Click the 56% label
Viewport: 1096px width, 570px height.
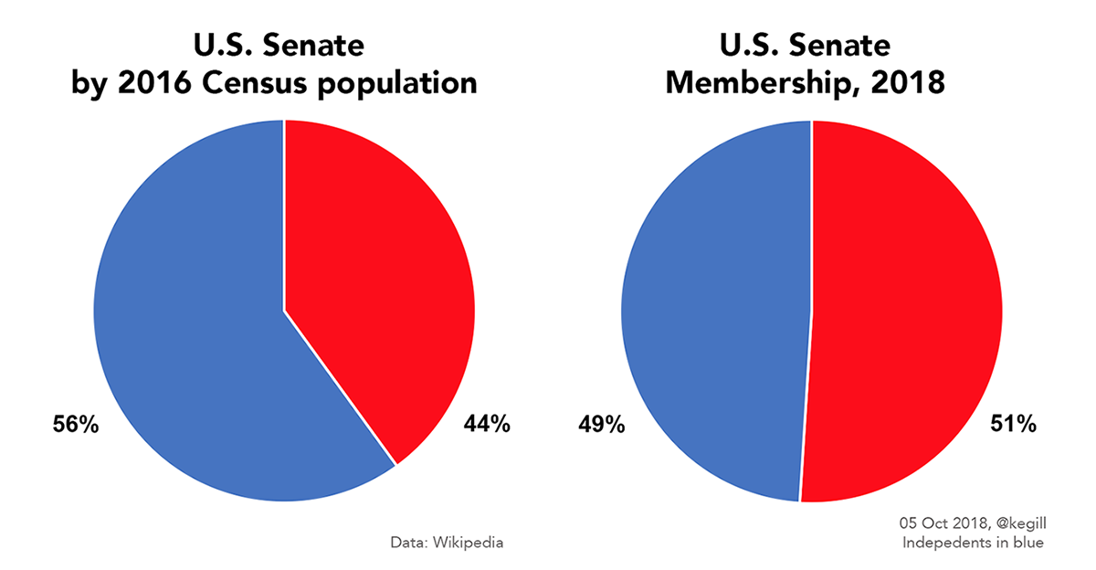[x=74, y=425]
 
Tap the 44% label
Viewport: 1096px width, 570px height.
[x=485, y=425]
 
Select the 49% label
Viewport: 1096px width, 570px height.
[x=601, y=425]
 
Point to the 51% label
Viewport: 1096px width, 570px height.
[x=1013, y=425]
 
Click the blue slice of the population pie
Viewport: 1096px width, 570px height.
[x=201, y=347]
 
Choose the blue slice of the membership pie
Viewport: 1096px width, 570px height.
[x=712, y=311]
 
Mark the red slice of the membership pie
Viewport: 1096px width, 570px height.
[x=913, y=311]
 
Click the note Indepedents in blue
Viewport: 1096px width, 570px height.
[x=973, y=543]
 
